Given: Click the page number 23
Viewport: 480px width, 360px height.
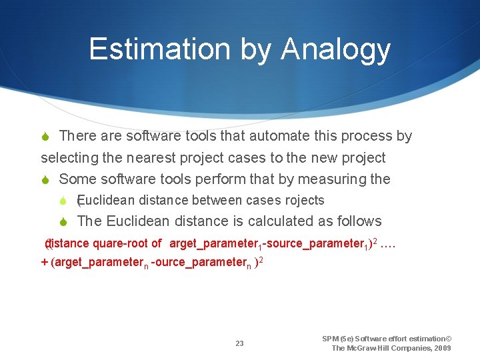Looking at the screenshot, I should (239, 344).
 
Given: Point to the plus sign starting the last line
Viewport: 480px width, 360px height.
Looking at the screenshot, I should (45, 262).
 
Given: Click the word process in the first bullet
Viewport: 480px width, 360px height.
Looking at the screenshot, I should (367, 137).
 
